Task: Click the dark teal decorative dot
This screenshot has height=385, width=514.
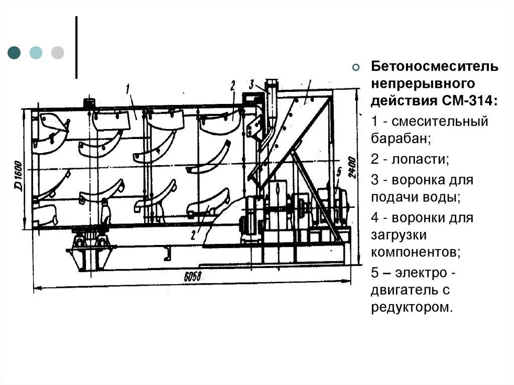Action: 15,52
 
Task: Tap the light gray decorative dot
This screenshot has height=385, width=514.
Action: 58,52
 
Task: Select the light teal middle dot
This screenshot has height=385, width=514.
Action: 36,52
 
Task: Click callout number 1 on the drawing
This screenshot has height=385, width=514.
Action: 128,88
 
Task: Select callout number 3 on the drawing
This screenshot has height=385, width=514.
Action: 251,82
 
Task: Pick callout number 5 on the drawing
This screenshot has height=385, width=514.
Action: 339,172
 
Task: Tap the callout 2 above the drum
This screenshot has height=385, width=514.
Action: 233,85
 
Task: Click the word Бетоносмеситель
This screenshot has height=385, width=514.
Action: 435,67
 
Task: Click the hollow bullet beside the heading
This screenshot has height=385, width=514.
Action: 356,68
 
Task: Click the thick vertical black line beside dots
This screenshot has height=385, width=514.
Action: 76,48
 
